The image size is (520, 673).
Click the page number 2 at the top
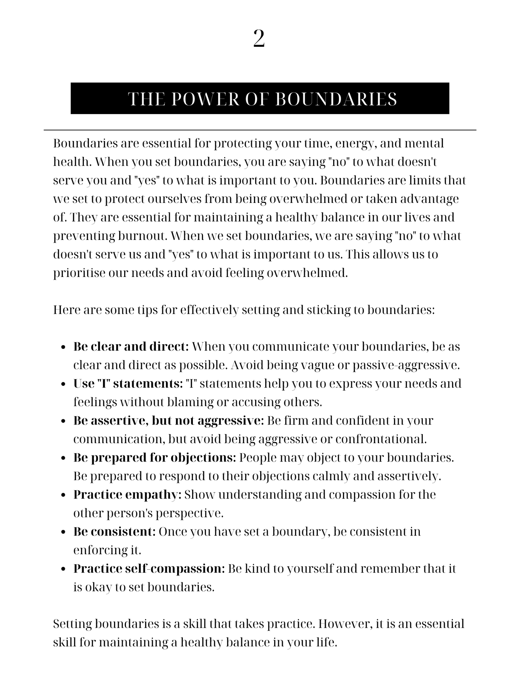(x=259, y=39)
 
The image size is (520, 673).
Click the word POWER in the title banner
(x=205, y=99)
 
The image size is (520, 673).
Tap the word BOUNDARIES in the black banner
(x=336, y=99)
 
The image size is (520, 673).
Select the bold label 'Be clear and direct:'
(x=131, y=347)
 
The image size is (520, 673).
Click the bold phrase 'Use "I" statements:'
(x=128, y=384)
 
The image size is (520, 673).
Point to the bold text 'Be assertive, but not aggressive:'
(x=168, y=421)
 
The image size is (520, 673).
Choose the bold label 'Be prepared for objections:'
(x=155, y=458)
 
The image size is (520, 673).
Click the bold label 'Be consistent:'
(x=114, y=532)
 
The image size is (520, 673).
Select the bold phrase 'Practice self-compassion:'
(x=149, y=569)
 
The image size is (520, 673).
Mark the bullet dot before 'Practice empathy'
(x=64, y=495)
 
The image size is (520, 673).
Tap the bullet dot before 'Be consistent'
(x=64, y=532)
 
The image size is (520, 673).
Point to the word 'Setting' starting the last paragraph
(x=72, y=624)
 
